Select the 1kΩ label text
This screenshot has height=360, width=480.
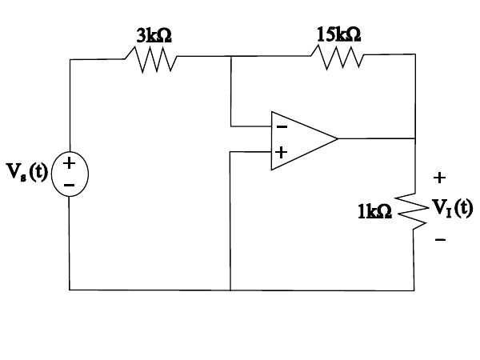click(374, 211)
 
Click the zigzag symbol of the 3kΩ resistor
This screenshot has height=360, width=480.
click(151, 58)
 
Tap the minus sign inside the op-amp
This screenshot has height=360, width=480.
click(282, 126)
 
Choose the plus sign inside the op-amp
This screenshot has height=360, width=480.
click(282, 151)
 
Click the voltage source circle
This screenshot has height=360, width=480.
click(70, 174)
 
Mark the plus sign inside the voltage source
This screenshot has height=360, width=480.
click(70, 164)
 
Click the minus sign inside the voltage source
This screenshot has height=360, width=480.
click(70, 186)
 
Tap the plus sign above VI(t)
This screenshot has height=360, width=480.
click(439, 177)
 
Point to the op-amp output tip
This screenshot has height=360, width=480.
click(338, 138)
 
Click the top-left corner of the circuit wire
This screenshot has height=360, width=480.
click(70, 59)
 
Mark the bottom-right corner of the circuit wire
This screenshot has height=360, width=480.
click(414, 290)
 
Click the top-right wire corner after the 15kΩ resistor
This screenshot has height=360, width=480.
click(415, 54)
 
